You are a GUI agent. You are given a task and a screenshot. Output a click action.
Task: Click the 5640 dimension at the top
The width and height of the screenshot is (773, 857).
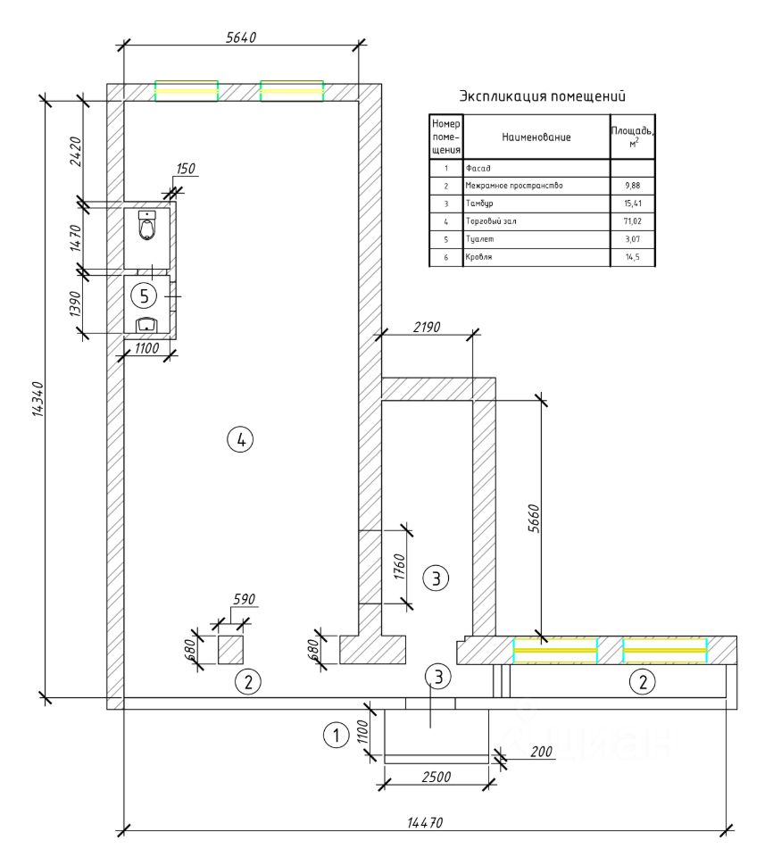coord(241,37)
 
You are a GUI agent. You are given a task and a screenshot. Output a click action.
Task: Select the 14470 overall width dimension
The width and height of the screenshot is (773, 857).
coord(425,822)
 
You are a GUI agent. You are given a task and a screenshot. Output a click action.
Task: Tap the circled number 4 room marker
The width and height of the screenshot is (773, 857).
coord(240,438)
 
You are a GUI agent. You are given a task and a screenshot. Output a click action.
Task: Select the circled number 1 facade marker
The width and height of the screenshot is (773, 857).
coord(335,736)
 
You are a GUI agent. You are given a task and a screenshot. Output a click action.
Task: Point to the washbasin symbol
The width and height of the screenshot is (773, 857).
coord(145,323)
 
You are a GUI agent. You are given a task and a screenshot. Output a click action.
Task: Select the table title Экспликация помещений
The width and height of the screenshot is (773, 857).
coord(542,96)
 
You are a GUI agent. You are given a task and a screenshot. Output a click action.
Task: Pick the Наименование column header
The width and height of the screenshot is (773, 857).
coord(536,137)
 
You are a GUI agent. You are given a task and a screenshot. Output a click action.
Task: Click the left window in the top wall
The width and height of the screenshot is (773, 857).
coord(187,91)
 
